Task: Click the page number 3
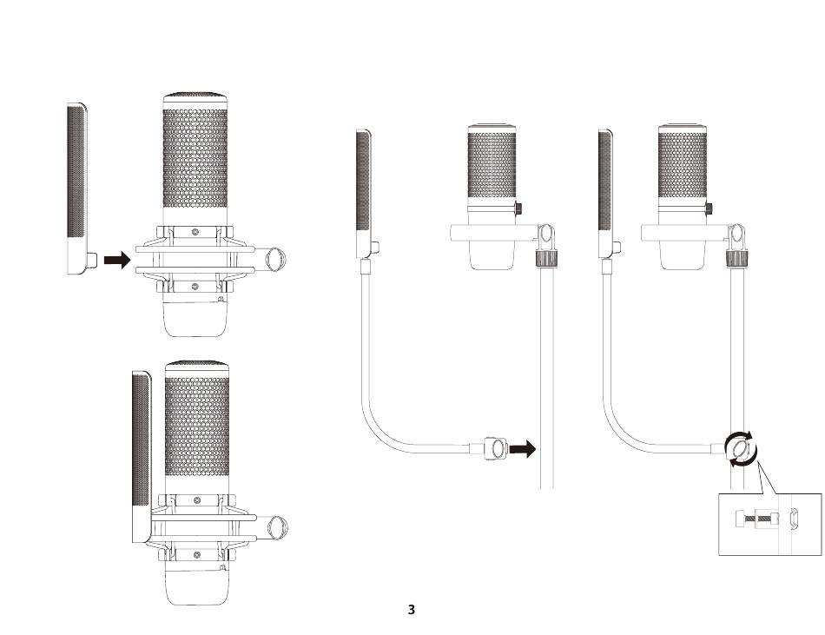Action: pyautogui.click(x=412, y=610)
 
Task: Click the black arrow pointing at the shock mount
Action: pyautogui.click(x=117, y=260)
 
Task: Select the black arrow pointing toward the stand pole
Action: pyautogui.click(x=523, y=449)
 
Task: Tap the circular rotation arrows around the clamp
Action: pyautogui.click(x=741, y=449)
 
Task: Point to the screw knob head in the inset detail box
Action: pyautogui.click(x=738, y=519)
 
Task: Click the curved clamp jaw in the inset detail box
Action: pyautogui.click(x=795, y=518)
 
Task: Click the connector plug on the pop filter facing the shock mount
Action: pyautogui.click(x=92, y=260)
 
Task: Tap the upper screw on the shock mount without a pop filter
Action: pyautogui.click(x=195, y=231)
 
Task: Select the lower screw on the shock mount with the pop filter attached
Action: pyautogui.click(x=197, y=555)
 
